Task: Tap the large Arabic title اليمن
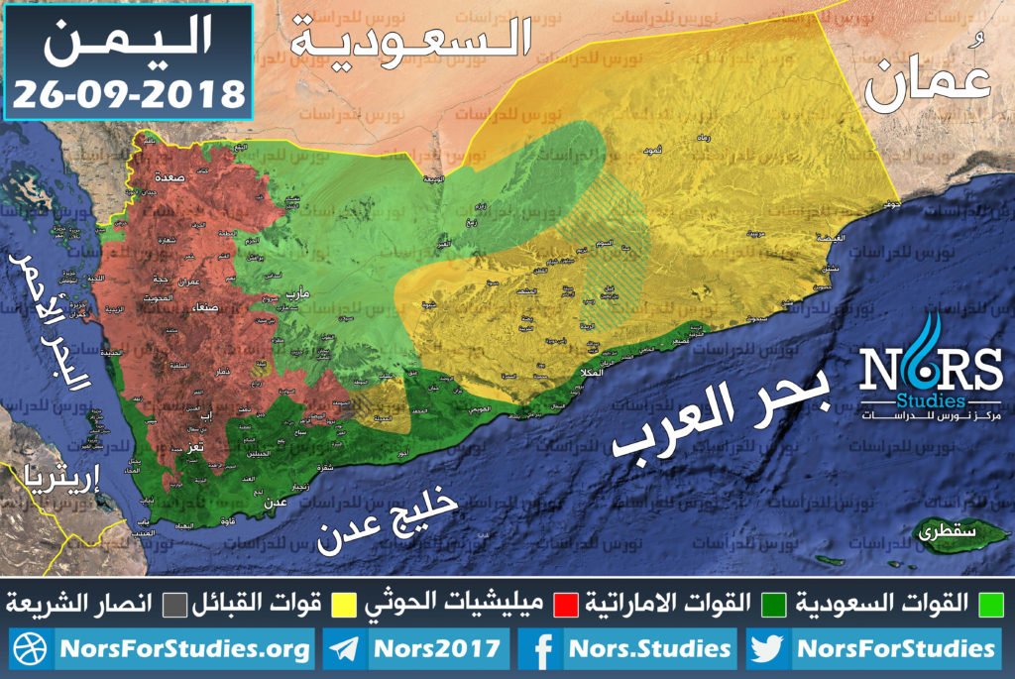coord(129,45)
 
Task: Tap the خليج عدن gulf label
coord(387,515)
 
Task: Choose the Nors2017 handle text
coord(436,650)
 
